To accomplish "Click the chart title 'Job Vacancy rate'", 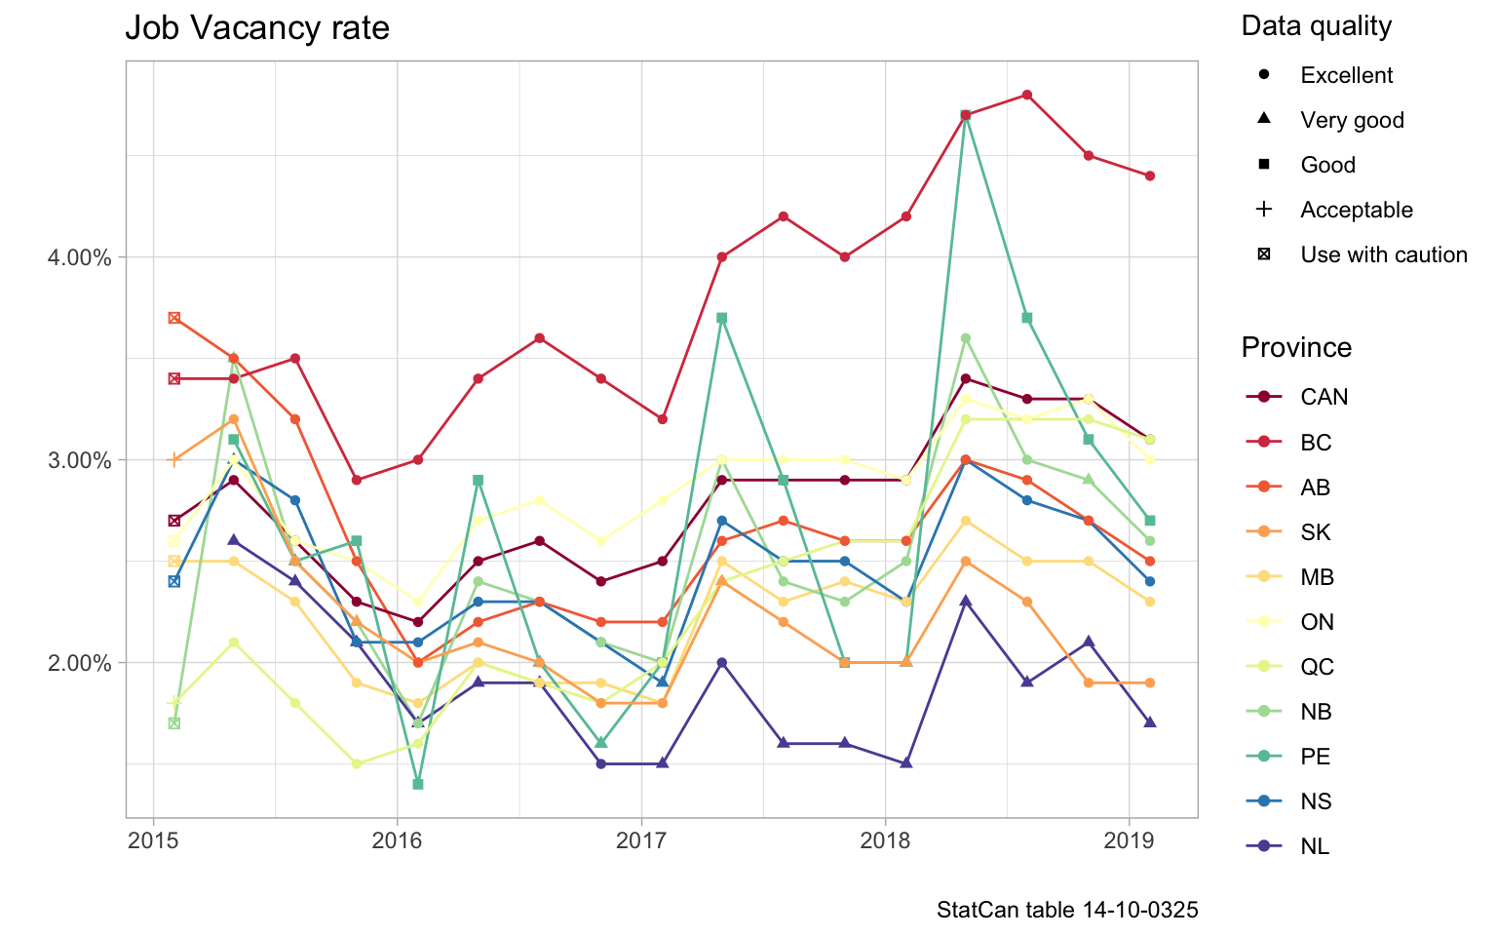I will point(257,28).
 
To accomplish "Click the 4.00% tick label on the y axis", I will point(80,258).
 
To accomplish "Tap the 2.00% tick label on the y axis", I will point(80,663).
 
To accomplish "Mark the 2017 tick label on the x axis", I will point(641,840).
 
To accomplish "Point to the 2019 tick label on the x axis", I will point(1129,840).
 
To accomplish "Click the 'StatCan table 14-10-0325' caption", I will point(1067,911).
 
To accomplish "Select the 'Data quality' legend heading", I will point(1316,26).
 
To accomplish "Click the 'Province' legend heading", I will point(1296,348).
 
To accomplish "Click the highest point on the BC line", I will point(1027,95).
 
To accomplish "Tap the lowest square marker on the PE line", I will point(418,784).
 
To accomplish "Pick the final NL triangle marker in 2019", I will point(1150,722).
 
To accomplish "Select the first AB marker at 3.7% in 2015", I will point(173,318).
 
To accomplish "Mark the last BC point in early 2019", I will point(1150,175).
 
